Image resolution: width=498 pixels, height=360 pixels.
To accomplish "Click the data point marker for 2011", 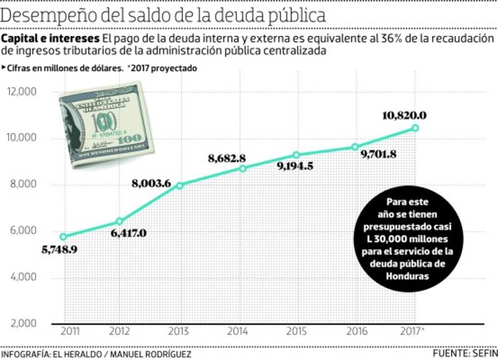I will [63, 237].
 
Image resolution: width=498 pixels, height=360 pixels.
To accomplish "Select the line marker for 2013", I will [180, 185].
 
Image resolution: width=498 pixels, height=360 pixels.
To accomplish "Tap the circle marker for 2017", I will [414, 128].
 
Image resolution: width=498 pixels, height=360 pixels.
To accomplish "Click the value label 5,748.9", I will [60, 250].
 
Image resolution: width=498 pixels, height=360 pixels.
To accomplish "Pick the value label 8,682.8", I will [227, 158].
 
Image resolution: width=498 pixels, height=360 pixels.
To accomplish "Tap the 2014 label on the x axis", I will [238, 332].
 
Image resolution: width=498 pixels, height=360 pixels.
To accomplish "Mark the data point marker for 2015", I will [296, 155].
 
